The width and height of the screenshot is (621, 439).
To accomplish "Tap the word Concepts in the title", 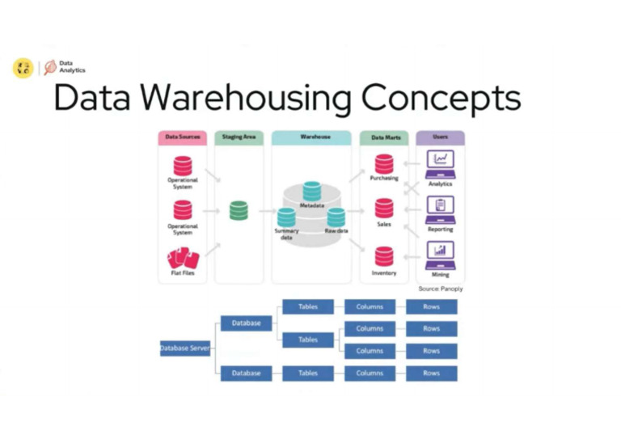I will (x=441, y=98).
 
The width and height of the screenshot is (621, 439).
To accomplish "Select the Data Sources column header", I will (x=182, y=137).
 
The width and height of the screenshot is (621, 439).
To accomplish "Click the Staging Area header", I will (x=239, y=137).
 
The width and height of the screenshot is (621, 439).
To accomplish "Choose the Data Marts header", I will (x=384, y=137).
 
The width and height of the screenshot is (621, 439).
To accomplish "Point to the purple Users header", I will (x=440, y=137).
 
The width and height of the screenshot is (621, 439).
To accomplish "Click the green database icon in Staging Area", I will (x=239, y=211).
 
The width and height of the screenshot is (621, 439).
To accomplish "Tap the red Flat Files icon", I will (x=183, y=258).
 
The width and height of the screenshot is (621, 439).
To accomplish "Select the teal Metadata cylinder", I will (x=312, y=192).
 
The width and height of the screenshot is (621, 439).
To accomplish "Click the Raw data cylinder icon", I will (x=336, y=217).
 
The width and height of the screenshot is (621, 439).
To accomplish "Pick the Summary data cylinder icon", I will (x=286, y=217).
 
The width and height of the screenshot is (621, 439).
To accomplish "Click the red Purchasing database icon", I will (x=384, y=163).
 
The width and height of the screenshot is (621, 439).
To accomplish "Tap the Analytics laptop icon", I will (x=440, y=163).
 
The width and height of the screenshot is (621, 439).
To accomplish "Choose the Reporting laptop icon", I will (x=440, y=209).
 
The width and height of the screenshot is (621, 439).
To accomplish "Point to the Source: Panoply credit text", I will (x=441, y=288).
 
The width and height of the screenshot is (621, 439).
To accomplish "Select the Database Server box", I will (x=185, y=348).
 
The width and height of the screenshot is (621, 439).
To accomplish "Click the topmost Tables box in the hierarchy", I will (x=308, y=306).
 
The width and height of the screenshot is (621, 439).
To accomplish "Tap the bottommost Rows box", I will (x=431, y=374).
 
